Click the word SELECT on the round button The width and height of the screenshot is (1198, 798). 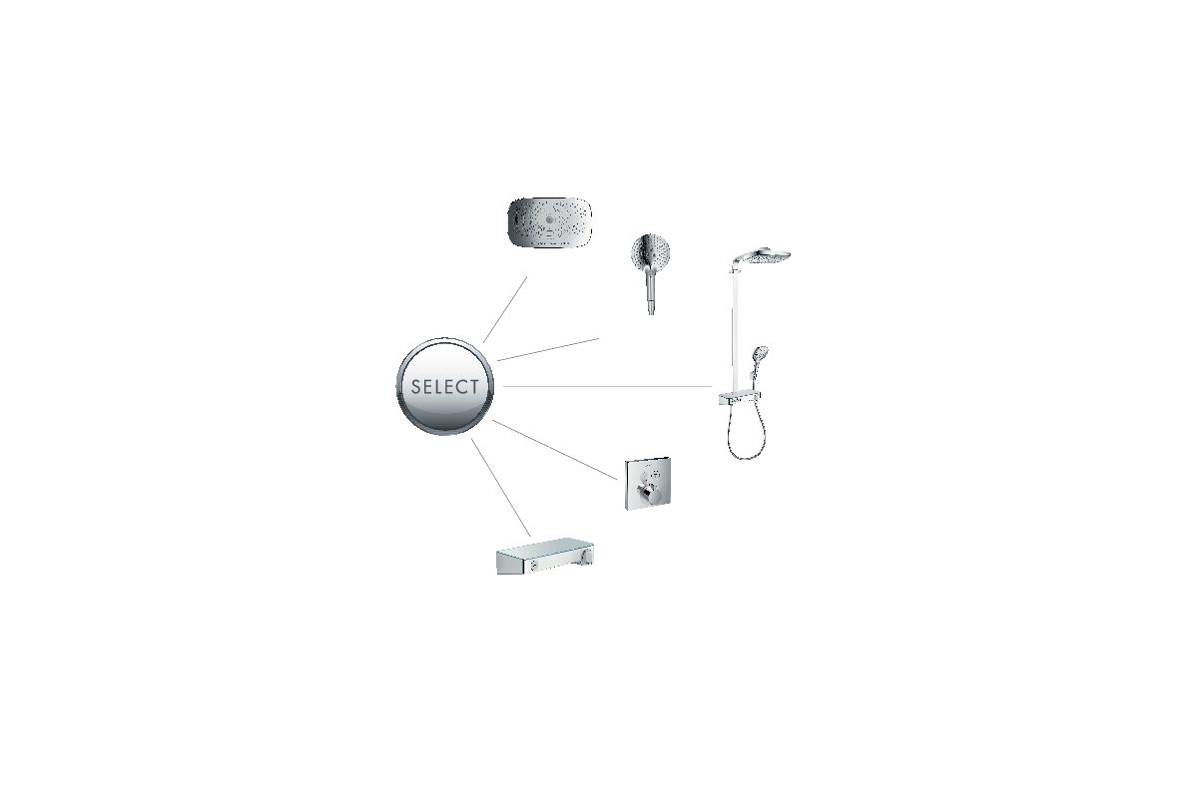pyautogui.click(x=445, y=386)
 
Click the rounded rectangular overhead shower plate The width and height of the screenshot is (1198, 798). pyautogui.click(x=550, y=222)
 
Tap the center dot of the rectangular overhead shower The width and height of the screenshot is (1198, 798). pyautogui.click(x=549, y=218)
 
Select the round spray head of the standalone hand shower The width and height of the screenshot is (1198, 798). pyautogui.click(x=650, y=251)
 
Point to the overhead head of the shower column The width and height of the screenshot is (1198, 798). pyautogui.click(x=760, y=256)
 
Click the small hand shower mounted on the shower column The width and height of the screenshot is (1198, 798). pyautogui.click(x=759, y=363)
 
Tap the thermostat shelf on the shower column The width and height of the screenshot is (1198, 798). pyautogui.click(x=740, y=398)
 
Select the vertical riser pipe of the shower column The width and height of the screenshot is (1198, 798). pyautogui.click(x=732, y=326)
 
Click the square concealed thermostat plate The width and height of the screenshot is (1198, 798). pyautogui.click(x=648, y=484)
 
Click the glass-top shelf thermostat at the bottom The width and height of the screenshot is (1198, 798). pyautogui.click(x=545, y=557)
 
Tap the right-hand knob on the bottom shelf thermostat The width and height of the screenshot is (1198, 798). pyautogui.click(x=588, y=557)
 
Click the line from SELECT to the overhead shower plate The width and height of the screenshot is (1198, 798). pyautogui.click(x=505, y=310)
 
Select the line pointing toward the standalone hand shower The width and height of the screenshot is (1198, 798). pyautogui.click(x=548, y=349)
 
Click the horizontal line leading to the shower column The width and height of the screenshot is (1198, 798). pyautogui.click(x=607, y=386)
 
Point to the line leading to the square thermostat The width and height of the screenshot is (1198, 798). pyautogui.click(x=555, y=450)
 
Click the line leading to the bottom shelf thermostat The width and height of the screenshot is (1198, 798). pyautogui.click(x=500, y=488)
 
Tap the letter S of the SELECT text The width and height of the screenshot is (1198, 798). pyautogui.click(x=416, y=386)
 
